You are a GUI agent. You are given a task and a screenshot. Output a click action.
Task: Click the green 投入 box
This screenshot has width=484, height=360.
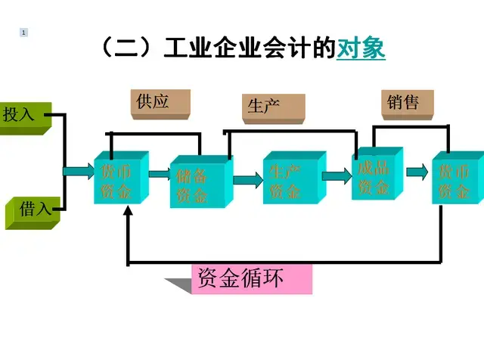click(x=20, y=116)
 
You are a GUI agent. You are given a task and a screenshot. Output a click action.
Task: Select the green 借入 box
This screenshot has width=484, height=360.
click(x=30, y=209)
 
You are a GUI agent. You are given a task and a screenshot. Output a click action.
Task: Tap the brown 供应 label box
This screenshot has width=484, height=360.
click(x=160, y=103)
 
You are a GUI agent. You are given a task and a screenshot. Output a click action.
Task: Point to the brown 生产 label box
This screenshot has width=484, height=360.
click(x=273, y=107)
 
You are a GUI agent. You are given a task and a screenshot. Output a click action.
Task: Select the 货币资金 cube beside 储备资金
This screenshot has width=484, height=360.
click(x=119, y=179)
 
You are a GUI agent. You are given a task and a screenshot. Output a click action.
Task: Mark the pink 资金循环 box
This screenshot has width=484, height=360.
click(x=253, y=279)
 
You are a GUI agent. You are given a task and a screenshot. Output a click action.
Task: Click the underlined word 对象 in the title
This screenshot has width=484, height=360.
click(x=361, y=48)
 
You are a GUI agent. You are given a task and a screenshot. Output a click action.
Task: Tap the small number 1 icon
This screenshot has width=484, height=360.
click(x=24, y=33)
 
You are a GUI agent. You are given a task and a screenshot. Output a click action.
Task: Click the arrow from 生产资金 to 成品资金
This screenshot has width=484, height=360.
click(x=337, y=177)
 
